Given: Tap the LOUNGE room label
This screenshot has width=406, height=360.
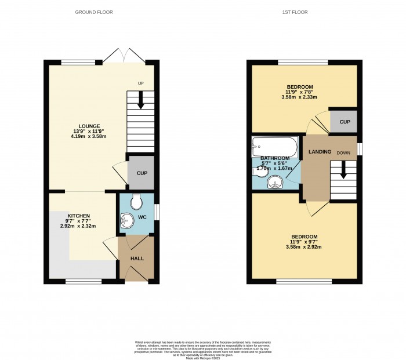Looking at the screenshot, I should point(90,126).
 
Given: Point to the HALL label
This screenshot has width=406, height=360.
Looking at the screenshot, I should point(137,259).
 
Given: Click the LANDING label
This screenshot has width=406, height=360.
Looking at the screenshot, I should point(320,152).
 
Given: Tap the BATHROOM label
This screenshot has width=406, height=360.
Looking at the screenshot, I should point(275,158).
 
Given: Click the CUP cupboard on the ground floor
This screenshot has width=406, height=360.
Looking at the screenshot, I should point(141,173).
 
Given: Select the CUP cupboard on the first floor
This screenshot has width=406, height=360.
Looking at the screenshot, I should point(345,122).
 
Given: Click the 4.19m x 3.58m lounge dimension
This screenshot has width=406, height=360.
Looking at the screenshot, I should point(90,136).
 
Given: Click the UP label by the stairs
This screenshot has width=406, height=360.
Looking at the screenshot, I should point(140,83).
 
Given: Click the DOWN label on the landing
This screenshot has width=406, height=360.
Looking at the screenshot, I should point(343,153).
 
